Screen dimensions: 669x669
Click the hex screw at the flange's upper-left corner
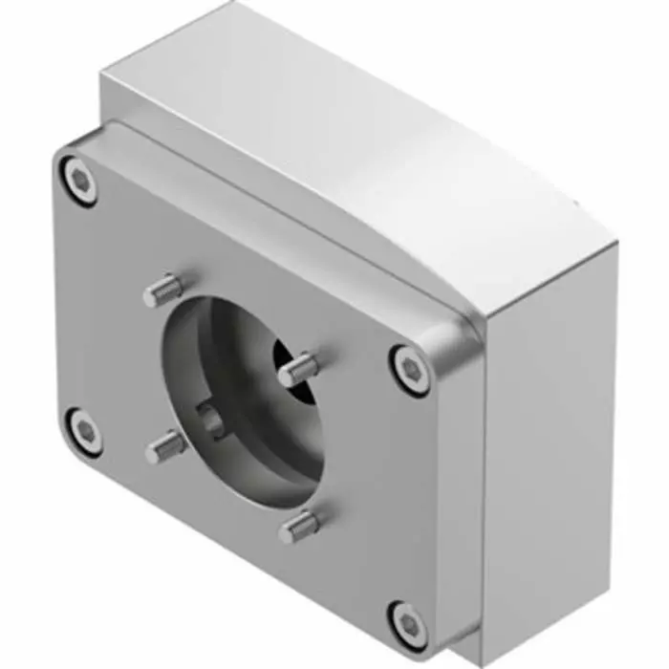click(x=80, y=178)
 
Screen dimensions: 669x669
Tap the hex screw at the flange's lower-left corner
click(x=86, y=430)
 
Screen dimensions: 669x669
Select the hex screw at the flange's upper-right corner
click(x=411, y=369)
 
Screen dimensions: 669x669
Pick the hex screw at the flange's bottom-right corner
click(x=409, y=623)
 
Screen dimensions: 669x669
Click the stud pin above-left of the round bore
click(x=162, y=290)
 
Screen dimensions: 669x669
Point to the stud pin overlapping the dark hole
click(x=297, y=369)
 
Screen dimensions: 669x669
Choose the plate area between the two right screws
click(x=411, y=497)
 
